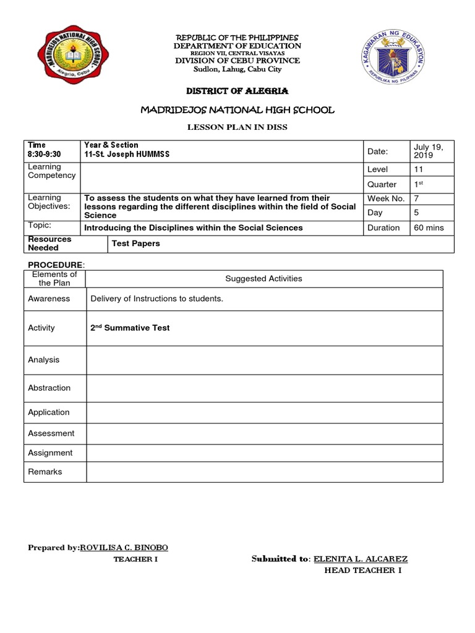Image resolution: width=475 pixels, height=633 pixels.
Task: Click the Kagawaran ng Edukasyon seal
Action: point(397,58)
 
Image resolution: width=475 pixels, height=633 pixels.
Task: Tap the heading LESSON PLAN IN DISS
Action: point(237,127)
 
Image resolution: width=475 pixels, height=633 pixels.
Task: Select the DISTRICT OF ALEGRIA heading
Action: point(237,91)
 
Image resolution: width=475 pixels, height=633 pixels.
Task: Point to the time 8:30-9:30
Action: point(45,154)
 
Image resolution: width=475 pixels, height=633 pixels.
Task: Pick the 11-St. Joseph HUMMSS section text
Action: point(127,154)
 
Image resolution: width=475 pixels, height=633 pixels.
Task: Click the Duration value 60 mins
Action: point(429,227)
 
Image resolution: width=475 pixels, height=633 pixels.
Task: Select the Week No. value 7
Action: point(416,198)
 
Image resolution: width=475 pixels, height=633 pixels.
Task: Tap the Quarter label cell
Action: point(382,184)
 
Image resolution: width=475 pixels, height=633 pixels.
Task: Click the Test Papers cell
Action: point(135,244)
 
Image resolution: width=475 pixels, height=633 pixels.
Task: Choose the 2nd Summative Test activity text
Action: point(130,328)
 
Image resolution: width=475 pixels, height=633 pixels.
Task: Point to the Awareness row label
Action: point(49,299)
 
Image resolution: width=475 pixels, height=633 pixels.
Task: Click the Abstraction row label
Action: point(49,388)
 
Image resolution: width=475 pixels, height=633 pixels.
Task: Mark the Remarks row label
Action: point(45,472)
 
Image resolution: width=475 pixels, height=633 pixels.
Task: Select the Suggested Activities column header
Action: point(263,279)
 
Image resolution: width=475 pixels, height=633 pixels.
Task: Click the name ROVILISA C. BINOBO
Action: point(124,548)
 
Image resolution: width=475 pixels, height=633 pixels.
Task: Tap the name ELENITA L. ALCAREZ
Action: point(360,559)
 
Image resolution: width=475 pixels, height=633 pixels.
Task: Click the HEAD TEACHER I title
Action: point(362,570)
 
